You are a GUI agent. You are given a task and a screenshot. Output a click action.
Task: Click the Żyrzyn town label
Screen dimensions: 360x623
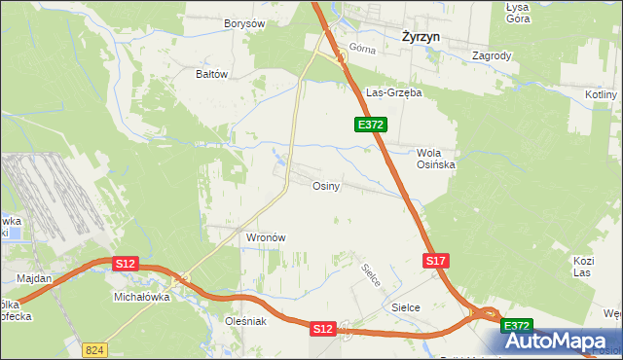[423, 36]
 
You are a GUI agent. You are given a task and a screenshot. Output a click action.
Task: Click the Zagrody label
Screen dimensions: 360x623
[492, 56]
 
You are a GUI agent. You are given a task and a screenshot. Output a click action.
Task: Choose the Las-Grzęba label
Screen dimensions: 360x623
[392, 93]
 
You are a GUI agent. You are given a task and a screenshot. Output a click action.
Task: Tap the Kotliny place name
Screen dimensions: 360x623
[603, 94]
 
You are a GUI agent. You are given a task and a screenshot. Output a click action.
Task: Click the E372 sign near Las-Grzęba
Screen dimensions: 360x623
[371, 125]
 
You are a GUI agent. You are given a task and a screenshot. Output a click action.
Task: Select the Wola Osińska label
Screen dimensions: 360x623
[436, 159]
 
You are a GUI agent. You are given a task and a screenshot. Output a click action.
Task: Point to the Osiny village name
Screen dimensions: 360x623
[325, 186]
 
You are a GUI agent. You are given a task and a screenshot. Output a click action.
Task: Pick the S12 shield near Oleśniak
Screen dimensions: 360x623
[323, 330]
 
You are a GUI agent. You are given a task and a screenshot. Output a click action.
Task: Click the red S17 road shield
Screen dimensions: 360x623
[436, 261]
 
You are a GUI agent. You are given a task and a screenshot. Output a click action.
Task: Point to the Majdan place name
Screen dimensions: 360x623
[34, 278]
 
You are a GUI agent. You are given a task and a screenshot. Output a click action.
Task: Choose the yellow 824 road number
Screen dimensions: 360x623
[93, 347]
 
